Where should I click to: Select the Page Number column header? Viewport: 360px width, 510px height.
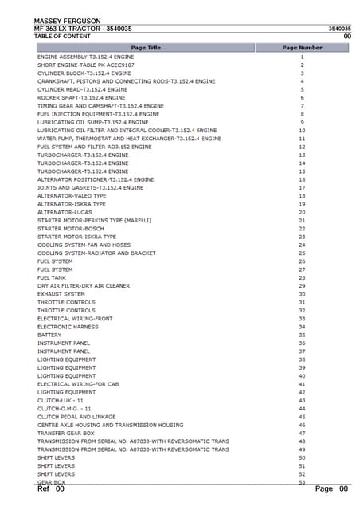point(302,48)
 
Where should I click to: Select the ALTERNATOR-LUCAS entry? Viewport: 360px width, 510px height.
point(60,213)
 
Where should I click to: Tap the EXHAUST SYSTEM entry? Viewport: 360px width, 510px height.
point(61,294)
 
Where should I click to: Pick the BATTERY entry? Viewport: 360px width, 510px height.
point(49,335)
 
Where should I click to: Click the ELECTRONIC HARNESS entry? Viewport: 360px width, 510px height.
point(68,327)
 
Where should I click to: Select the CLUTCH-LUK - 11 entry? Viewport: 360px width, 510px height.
point(66,400)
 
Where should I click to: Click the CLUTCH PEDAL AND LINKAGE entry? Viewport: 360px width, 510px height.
point(76,417)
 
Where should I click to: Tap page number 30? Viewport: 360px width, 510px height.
point(302,294)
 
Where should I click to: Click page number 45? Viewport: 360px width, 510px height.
point(302,417)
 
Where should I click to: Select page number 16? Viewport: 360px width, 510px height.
point(302,180)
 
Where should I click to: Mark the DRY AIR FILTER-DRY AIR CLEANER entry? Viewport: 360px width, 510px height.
point(84,285)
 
